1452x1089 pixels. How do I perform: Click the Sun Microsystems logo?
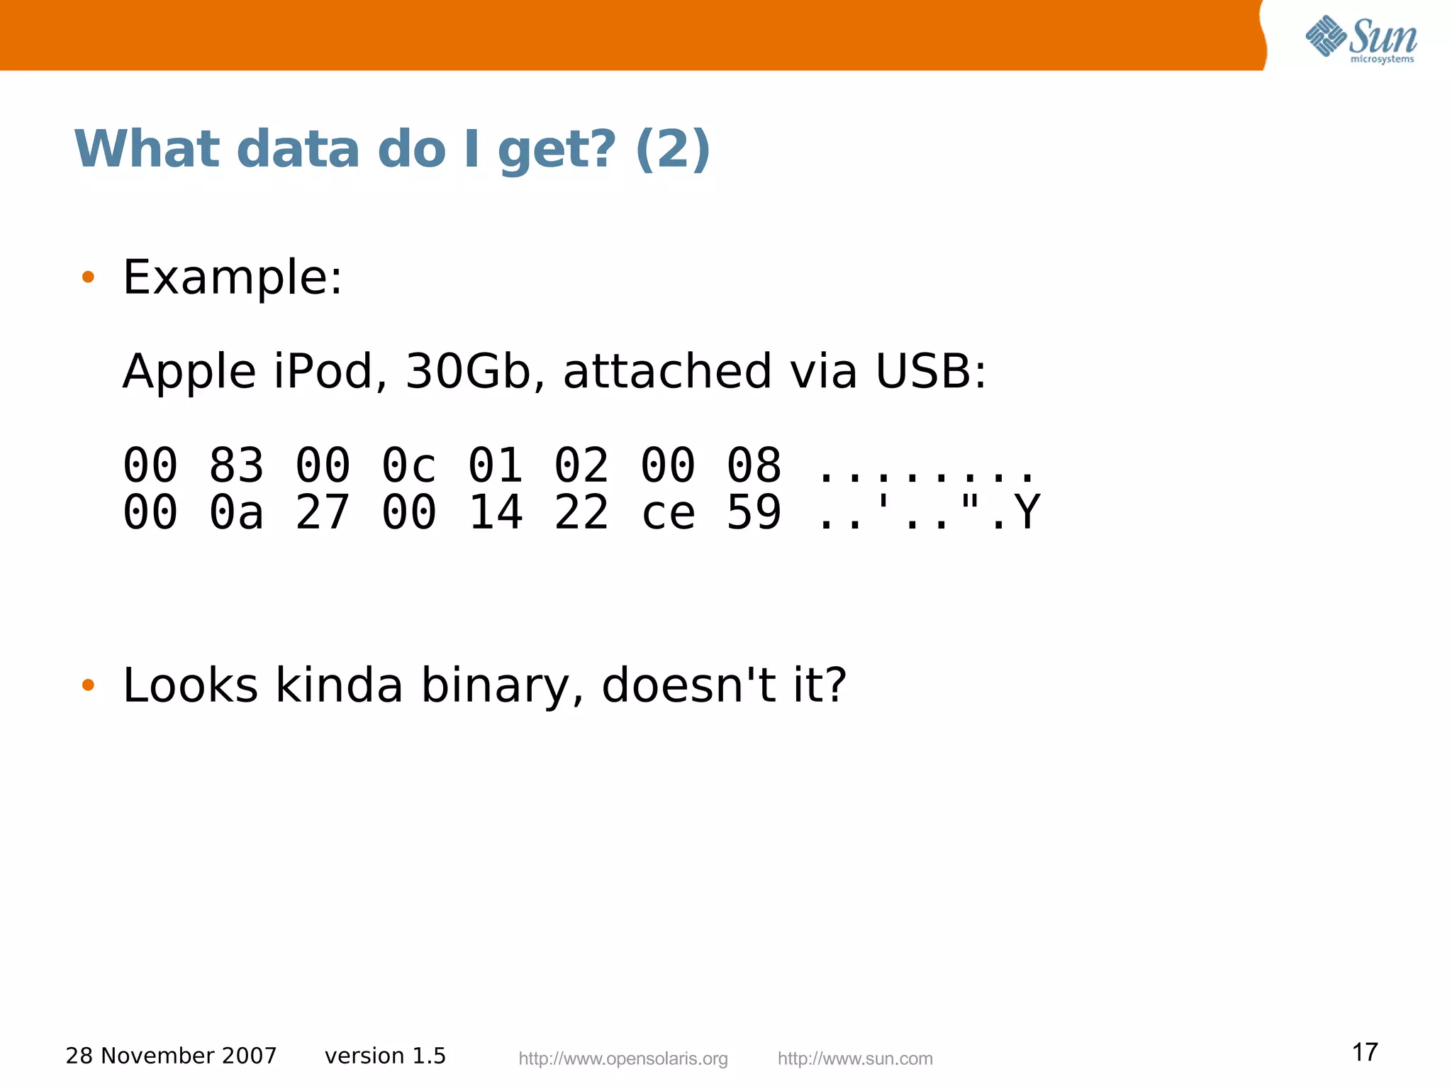click(x=1361, y=38)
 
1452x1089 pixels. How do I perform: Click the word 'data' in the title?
click(x=298, y=150)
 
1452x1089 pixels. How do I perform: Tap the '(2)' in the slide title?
click(x=672, y=150)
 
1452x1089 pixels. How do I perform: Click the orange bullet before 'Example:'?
click(x=88, y=277)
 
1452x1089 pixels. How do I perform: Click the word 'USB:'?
click(x=930, y=371)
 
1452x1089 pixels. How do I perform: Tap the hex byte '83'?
click(x=236, y=466)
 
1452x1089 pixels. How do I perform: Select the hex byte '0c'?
click(x=408, y=466)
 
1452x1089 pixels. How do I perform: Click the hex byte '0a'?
click(x=236, y=512)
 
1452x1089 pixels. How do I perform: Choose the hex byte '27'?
click(x=323, y=512)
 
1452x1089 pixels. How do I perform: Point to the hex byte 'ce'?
click(x=668, y=512)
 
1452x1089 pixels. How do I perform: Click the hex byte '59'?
click(x=754, y=512)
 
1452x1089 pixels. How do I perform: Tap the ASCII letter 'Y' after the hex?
click(x=1027, y=512)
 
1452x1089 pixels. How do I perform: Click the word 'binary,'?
click(x=503, y=685)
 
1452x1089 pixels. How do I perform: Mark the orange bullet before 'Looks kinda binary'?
click(x=88, y=685)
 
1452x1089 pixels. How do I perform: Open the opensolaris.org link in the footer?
click(x=623, y=1058)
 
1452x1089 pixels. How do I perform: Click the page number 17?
click(x=1365, y=1052)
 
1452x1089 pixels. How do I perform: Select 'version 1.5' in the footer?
click(x=385, y=1056)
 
